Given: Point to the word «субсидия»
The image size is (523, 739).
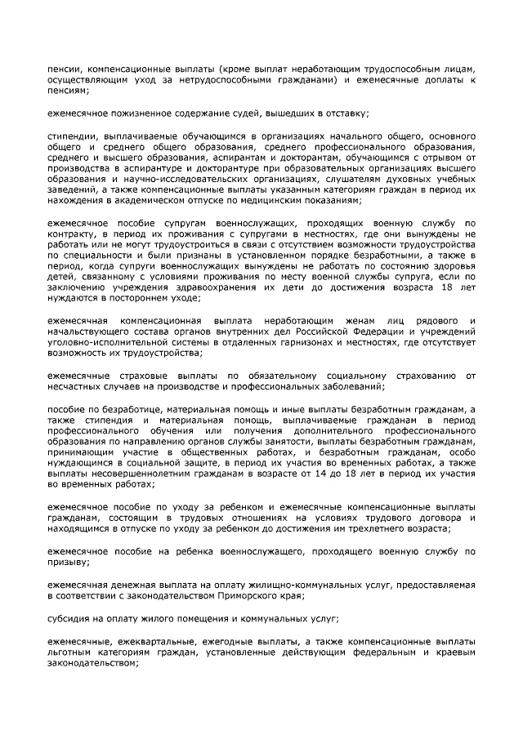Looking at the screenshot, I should point(67,622).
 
